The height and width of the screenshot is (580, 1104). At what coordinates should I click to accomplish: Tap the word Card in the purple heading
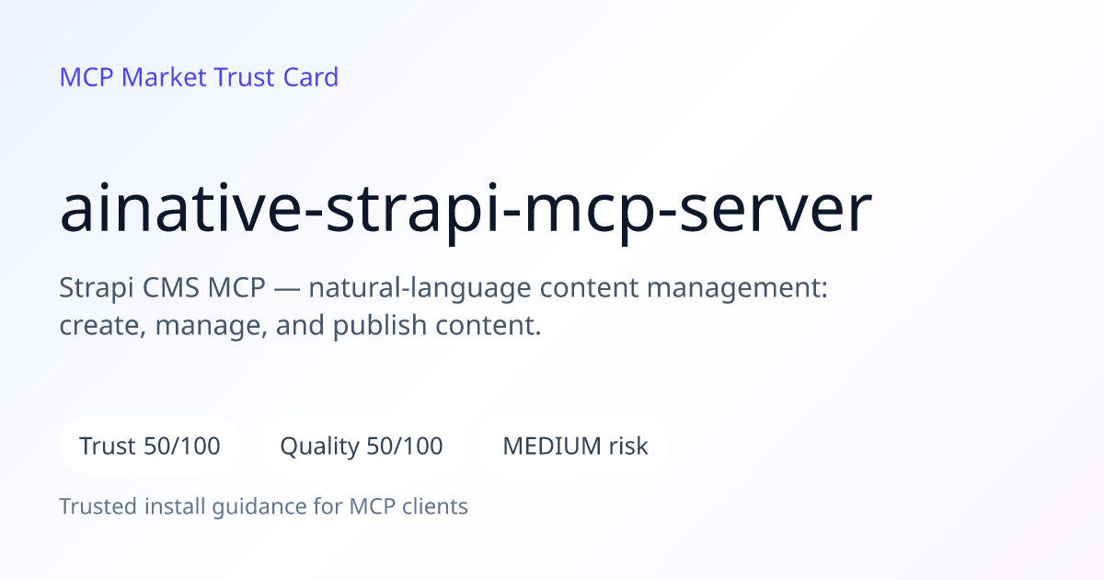(x=311, y=77)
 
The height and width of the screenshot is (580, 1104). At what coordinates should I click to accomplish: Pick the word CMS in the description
(x=170, y=287)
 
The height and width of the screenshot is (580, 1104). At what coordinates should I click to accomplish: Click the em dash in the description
(x=287, y=288)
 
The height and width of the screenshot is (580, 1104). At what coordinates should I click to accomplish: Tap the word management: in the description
(x=737, y=289)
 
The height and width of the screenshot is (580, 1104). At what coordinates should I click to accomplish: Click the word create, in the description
(x=103, y=326)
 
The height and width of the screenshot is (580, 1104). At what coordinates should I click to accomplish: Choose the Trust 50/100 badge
(x=150, y=446)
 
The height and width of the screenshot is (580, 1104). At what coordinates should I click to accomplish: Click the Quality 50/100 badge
(x=362, y=446)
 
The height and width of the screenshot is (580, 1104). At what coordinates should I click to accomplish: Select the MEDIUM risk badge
(x=575, y=446)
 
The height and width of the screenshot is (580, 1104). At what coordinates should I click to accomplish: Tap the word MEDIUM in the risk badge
(x=551, y=447)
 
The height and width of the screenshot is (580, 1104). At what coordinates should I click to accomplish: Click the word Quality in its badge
(x=319, y=447)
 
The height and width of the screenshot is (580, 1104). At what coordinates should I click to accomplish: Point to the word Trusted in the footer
(x=98, y=506)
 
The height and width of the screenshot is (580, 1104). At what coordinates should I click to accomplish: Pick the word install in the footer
(x=175, y=506)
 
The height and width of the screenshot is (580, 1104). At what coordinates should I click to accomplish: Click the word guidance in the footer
(x=259, y=507)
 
